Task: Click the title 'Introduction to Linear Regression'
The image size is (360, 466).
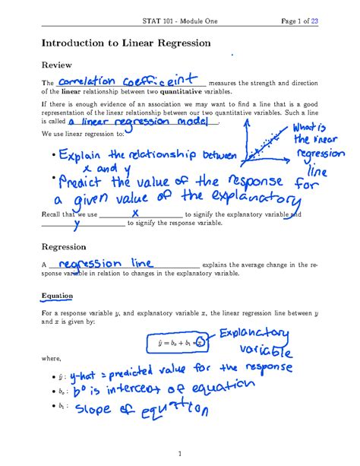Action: (x=126, y=43)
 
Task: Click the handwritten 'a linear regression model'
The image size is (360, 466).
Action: (x=143, y=120)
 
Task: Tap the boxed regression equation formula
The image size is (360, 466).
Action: (x=177, y=343)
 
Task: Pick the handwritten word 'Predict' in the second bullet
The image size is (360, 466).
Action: (x=80, y=185)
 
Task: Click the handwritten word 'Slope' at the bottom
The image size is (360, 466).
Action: (x=81, y=412)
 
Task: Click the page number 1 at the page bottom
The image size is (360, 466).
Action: (x=180, y=454)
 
